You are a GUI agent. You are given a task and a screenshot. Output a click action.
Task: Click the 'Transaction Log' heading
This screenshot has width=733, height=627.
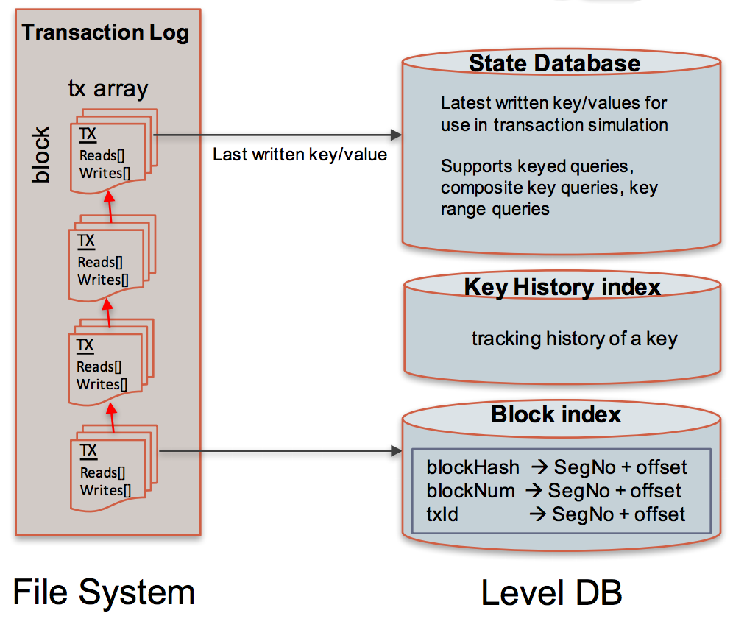click(105, 32)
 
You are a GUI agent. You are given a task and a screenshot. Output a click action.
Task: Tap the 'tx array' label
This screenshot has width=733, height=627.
click(108, 88)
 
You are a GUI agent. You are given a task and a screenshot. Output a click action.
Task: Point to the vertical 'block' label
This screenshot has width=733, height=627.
click(40, 155)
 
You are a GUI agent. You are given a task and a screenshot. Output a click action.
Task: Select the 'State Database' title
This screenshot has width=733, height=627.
click(554, 63)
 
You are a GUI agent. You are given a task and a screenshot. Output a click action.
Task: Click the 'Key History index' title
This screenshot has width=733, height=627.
click(562, 287)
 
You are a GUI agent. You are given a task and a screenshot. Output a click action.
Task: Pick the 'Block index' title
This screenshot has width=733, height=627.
click(556, 414)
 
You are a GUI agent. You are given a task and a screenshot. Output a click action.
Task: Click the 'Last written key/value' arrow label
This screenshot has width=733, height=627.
click(300, 155)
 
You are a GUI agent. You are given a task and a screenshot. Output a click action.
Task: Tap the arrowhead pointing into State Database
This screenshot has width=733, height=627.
click(396, 135)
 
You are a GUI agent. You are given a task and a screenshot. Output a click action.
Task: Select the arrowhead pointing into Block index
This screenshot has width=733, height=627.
click(396, 450)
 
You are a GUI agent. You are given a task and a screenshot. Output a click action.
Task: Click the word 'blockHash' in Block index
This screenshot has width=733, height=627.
click(472, 467)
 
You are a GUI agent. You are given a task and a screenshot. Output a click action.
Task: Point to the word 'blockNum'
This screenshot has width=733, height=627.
click(470, 491)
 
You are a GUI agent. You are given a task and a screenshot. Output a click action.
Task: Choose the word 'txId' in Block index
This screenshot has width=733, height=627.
click(442, 514)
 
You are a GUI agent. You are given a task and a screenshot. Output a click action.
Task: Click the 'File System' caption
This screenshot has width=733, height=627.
click(103, 592)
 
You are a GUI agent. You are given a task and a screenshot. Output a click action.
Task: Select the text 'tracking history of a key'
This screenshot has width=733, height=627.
click(574, 338)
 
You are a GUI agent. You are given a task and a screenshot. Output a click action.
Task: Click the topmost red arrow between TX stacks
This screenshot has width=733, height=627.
click(110, 206)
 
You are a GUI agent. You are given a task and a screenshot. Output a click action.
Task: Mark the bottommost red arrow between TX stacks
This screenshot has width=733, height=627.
click(112, 417)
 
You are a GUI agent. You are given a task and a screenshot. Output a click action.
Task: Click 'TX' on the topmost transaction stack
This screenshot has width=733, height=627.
click(88, 134)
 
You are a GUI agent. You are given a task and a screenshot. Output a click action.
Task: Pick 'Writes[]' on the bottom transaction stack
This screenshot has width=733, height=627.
click(105, 490)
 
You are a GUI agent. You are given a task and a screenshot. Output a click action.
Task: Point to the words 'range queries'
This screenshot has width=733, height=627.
click(495, 209)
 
